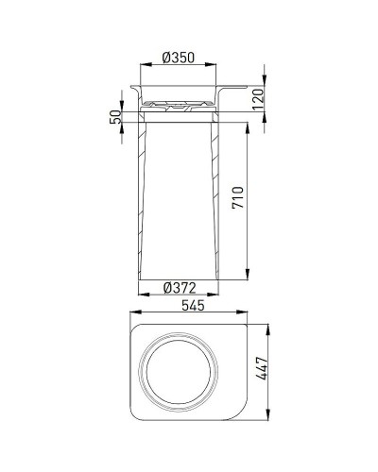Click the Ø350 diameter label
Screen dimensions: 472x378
179,57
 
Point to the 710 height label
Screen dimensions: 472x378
239,196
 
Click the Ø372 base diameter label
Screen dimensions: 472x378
179,286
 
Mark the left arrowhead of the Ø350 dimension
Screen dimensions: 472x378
143,65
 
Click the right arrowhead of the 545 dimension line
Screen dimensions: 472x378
255,316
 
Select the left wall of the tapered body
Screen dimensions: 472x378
141,198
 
